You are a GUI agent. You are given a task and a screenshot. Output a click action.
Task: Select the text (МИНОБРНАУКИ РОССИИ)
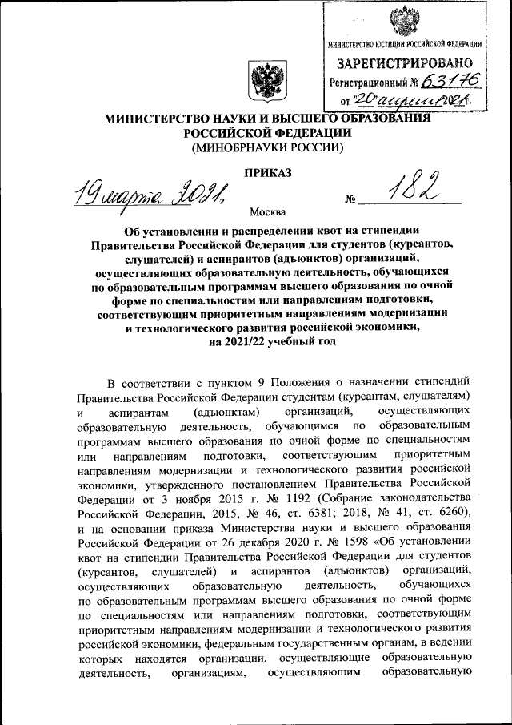266,147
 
